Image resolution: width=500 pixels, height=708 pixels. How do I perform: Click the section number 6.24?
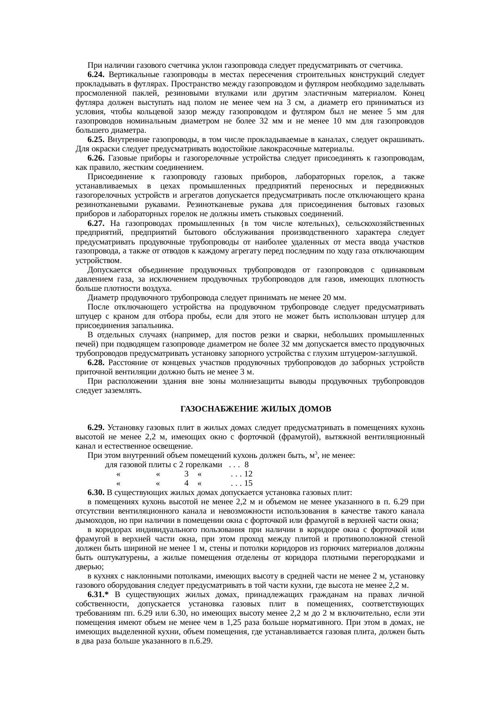[x=96, y=75]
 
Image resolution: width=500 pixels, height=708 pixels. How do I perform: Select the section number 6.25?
[x=96, y=140]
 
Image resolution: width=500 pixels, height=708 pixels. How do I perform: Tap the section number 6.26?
[x=96, y=159]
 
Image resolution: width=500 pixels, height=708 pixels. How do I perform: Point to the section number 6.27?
[x=96, y=223]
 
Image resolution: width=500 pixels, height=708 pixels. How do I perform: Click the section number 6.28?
[x=96, y=363]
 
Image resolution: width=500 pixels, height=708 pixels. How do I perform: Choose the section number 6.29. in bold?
[x=96, y=428]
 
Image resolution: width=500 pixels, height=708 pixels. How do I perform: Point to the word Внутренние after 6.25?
[x=128, y=140]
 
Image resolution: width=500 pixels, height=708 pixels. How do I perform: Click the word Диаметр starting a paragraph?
[x=101, y=298]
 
